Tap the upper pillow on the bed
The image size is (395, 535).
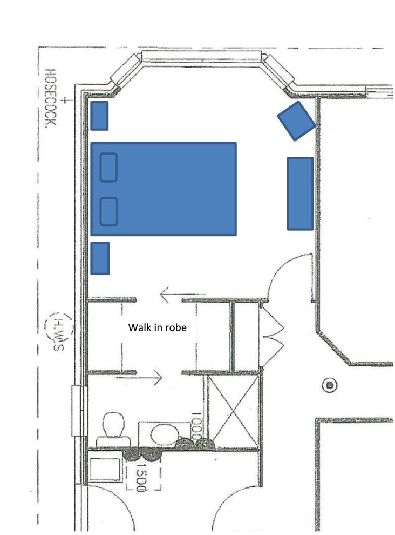click(109, 167)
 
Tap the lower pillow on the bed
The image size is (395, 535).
click(109, 211)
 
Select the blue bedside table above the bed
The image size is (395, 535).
click(99, 116)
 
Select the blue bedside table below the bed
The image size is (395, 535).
click(100, 258)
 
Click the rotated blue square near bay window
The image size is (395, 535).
click(296, 121)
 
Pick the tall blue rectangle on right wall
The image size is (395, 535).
click(300, 193)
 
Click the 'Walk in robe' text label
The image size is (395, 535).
click(157, 327)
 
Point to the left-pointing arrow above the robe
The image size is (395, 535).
click(173, 295)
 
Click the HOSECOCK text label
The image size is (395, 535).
click(50, 98)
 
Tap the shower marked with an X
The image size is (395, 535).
click(233, 411)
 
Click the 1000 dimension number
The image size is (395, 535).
click(196, 426)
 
